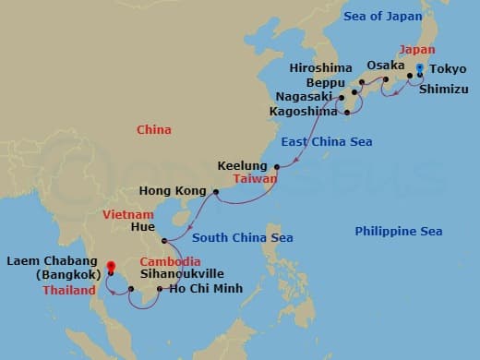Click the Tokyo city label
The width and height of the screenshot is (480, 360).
[449, 68]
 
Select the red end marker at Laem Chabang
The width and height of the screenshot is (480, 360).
[110, 270]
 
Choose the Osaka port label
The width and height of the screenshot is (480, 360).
[385, 66]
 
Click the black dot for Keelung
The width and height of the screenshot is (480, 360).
[277, 166]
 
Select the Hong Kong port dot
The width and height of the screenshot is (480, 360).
[215, 192]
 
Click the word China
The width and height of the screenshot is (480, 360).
[153, 130]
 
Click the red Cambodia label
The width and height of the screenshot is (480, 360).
[165, 259]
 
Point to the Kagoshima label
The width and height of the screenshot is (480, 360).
[304, 111]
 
